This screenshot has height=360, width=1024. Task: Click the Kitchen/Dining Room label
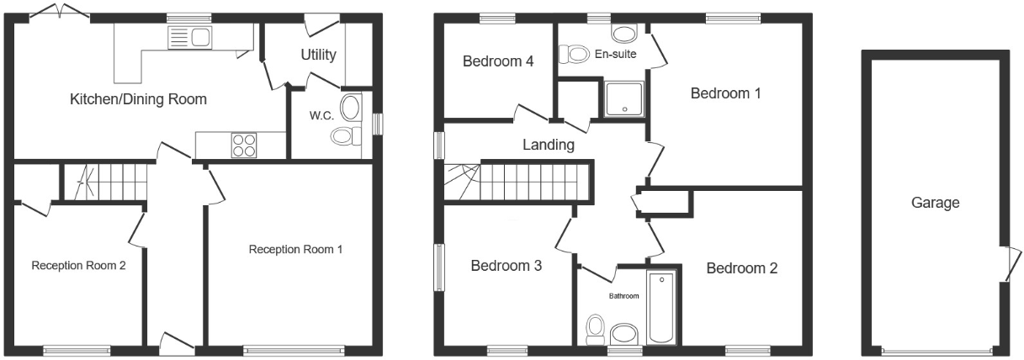click(138, 99)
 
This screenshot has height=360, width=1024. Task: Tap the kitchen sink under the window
click(189, 37)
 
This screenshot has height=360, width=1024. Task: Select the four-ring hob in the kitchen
click(244, 145)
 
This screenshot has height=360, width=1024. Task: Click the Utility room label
click(318, 56)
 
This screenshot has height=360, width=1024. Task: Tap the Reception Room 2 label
click(78, 266)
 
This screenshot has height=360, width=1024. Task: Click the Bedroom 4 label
click(492, 61)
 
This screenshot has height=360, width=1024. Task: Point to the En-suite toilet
click(576, 55)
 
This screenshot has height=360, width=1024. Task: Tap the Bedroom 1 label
click(725, 93)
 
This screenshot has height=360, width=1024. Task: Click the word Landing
click(548, 145)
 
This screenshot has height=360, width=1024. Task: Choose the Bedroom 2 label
click(741, 268)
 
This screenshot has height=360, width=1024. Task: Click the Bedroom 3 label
click(506, 266)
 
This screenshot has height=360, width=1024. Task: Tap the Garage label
click(934, 203)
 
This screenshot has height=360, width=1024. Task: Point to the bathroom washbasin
click(624, 334)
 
